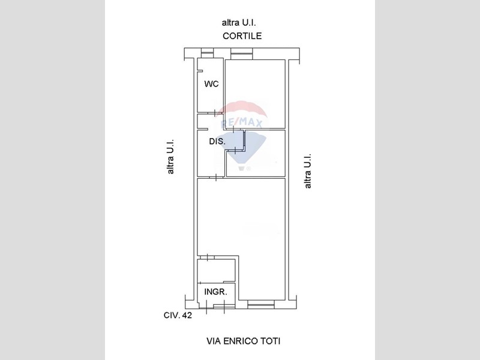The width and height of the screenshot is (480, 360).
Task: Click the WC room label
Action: point(212,83)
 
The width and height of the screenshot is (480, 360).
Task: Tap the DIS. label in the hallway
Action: point(217,142)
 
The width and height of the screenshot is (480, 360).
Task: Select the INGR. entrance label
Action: point(216,292)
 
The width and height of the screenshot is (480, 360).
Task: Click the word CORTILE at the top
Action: point(242,36)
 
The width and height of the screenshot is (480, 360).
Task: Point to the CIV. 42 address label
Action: point(178,316)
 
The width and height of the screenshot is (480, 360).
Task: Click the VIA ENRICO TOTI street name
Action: point(244,341)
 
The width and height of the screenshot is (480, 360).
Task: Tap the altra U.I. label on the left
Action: point(170,157)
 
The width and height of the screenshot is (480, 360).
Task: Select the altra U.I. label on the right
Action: point(307,171)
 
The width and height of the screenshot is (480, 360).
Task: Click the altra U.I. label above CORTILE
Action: point(239,23)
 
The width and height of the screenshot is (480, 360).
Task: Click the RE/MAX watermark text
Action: point(242,124)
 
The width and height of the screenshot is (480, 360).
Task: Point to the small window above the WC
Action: point(206,53)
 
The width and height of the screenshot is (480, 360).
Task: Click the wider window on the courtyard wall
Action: point(242,53)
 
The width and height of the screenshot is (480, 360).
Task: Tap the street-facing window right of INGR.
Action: point(261,304)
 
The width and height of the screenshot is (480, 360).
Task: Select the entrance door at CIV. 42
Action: point(215,307)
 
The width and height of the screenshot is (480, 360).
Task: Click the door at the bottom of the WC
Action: point(215,113)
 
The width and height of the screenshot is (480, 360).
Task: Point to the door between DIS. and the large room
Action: point(216,177)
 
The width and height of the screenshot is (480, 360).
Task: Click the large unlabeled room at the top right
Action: point(256,94)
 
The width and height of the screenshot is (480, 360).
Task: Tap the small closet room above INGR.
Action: point(216,271)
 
